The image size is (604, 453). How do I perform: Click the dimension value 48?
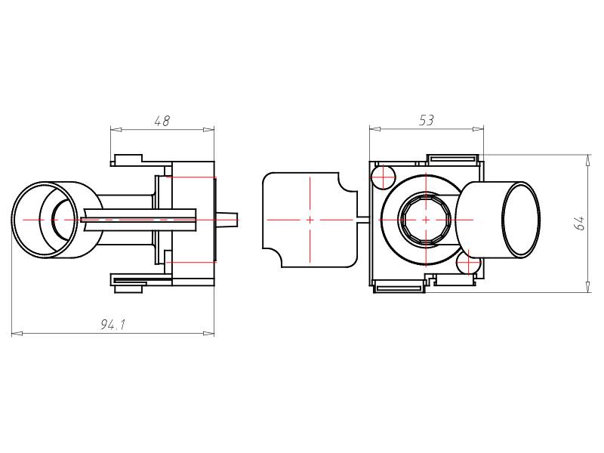pyautogui.click(x=162, y=121)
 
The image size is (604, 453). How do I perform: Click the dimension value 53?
pyautogui.click(x=427, y=120)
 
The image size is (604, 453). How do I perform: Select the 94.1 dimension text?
pyautogui.click(x=112, y=325)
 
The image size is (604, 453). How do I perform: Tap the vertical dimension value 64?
pyautogui.click(x=580, y=223)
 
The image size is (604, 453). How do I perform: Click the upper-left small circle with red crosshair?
pyautogui.click(x=383, y=177)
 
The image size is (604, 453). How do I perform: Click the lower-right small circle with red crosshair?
pyautogui.click(x=468, y=263)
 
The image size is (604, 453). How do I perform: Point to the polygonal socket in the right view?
pyautogui.click(x=425, y=219)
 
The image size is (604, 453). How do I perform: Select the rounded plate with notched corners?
pyautogui.click(x=310, y=220)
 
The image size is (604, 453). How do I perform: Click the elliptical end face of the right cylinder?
pyautogui.click(x=521, y=220)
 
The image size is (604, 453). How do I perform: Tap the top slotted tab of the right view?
pyautogui.click(x=452, y=159)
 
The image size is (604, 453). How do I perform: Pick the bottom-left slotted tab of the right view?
pyautogui.click(x=399, y=288)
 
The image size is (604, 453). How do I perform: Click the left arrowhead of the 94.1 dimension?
pyautogui.click(x=17, y=333)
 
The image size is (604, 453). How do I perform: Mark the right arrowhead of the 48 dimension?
pyautogui.click(x=208, y=129)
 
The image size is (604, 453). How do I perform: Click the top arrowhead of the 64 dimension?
pyautogui.click(x=588, y=160)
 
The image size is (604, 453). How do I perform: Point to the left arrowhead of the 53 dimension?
pyautogui.click(x=374, y=129)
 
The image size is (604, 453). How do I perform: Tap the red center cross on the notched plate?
pyautogui.click(x=310, y=220)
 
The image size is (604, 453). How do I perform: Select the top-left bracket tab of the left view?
pyautogui.click(x=126, y=160)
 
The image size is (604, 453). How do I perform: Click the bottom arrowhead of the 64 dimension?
pyautogui.click(x=588, y=287)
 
